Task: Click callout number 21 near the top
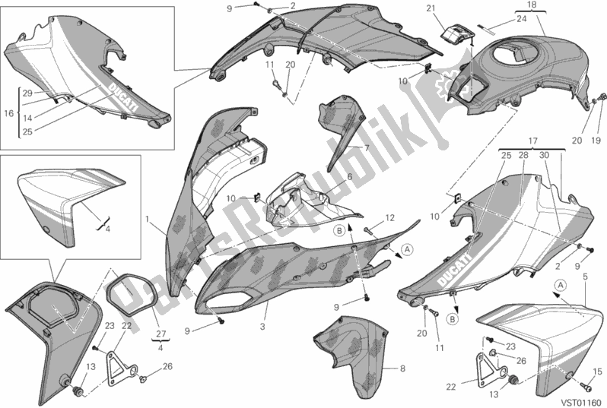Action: pyautogui.click(x=431, y=9)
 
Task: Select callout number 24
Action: pyautogui.click(x=522, y=18)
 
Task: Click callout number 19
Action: pyautogui.click(x=596, y=140)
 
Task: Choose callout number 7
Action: pyautogui.click(x=366, y=147)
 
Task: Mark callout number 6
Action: pyautogui.click(x=350, y=177)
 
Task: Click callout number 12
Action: pyautogui.click(x=389, y=218)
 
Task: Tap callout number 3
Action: pyautogui.click(x=262, y=327)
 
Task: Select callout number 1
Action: pyautogui.click(x=147, y=220)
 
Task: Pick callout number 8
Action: pyautogui.click(x=402, y=368)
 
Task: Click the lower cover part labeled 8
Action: pyautogui.click(x=351, y=356)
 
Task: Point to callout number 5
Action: pyautogui.click(x=585, y=277)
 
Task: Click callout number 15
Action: pyautogui.click(x=598, y=372)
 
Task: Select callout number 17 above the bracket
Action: pyautogui.click(x=532, y=141)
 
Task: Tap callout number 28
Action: pyautogui.click(x=523, y=156)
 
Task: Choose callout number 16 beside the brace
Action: pyautogui.click(x=8, y=113)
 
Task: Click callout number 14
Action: pyautogui.click(x=27, y=119)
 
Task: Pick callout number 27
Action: pyautogui.click(x=161, y=334)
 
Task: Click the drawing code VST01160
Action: pyautogui.click(x=584, y=402)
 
